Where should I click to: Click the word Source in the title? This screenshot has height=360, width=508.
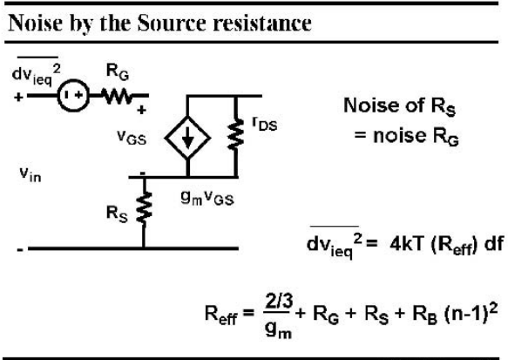(172, 23)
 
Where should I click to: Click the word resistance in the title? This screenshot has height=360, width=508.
(262, 24)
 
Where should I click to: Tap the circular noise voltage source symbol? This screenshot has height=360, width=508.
(73, 96)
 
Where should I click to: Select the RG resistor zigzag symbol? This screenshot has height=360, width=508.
(117, 96)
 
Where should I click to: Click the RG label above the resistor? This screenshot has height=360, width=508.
(118, 72)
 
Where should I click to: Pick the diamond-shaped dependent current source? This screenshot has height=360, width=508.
(187, 138)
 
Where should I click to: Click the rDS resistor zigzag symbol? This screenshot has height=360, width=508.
(236, 134)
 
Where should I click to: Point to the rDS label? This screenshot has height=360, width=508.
(265, 124)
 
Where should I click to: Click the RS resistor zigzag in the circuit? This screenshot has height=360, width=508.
(144, 207)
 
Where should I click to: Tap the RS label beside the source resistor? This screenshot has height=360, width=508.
(117, 214)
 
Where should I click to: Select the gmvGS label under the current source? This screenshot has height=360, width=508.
(207, 198)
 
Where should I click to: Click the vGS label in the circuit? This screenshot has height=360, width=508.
(132, 137)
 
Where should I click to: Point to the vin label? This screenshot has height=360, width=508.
(30, 174)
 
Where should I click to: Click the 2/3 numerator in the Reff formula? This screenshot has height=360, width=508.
(279, 302)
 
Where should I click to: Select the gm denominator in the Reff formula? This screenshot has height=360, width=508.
(278, 329)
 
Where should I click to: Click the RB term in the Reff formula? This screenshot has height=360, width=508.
(424, 315)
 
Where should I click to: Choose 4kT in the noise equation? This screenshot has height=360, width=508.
(407, 244)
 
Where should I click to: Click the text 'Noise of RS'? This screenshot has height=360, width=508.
(400, 106)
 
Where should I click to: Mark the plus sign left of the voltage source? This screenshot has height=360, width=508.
(18, 97)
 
